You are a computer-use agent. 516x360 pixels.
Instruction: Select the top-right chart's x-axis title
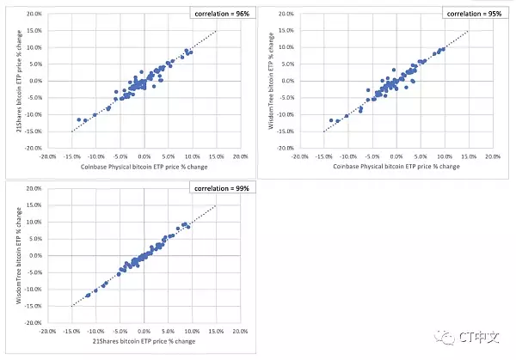click(396, 167)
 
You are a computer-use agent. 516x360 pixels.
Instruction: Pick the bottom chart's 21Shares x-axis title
click(144, 342)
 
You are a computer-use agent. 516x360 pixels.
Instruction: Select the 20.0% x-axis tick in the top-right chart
click(494, 157)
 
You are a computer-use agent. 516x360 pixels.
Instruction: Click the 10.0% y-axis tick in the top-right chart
click(287, 47)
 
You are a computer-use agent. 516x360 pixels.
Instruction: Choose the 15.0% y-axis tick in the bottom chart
click(34, 205)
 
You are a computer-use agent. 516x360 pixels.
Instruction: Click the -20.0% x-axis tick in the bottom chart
click(47, 332)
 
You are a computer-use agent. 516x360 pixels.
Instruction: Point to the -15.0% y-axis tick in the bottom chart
click(34, 306)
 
